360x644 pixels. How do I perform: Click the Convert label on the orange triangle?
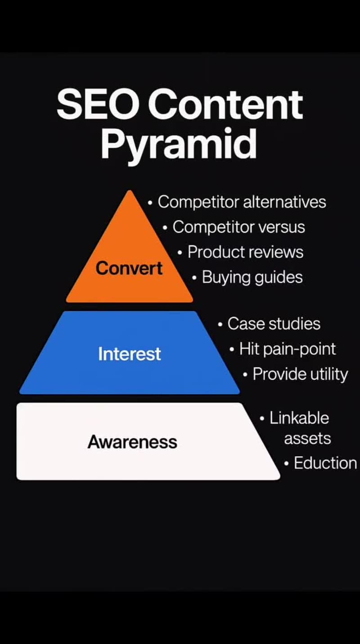point(129,268)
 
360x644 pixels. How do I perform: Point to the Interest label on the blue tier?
point(129,354)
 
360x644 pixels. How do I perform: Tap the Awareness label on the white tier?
point(132,442)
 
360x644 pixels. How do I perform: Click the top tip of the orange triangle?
point(130,192)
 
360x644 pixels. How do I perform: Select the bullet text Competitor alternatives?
point(242,202)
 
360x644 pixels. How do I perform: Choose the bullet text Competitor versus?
point(238,227)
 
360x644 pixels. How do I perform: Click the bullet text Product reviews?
point(245,252)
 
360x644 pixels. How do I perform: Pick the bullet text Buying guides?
point(252,277)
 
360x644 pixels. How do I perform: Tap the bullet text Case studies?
point(274,324)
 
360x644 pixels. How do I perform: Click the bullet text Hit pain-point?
point(287,349)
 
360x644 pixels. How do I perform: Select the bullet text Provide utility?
point(300,374)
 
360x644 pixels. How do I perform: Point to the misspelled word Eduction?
point(325,463)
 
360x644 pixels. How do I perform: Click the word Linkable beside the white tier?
point(299,418)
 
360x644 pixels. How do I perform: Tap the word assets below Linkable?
point(307,438)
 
